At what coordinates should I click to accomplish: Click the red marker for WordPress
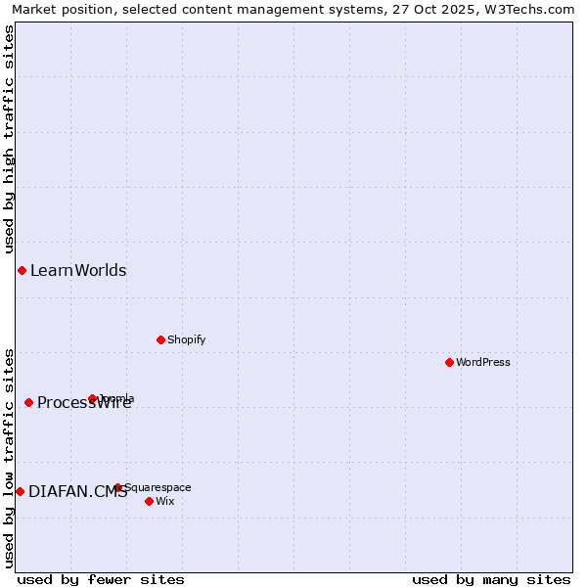tap(449, 362)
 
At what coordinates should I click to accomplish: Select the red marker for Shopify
tap(160, 339)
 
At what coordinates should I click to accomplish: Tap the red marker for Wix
tap(149, 501)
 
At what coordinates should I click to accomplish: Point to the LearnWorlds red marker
tap(22, 270)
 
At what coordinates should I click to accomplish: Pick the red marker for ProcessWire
tap(28, 402)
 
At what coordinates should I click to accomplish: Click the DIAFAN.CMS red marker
tap(20, 491)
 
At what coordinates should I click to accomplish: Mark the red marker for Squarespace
tap(117, 487)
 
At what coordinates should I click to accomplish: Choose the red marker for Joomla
tap(93, 398)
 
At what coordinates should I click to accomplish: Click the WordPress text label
tap(483, 362)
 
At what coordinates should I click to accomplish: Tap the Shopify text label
tap(186, 339)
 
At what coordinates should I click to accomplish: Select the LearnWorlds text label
tap(78, 270)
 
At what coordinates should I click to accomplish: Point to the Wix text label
tap(164, 501)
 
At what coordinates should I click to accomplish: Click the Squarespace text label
tap(158, 487)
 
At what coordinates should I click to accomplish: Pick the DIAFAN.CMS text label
tap(77, 491)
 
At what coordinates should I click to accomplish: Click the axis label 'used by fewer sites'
tap(101, 579)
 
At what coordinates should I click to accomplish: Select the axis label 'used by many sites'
tap(491, 579)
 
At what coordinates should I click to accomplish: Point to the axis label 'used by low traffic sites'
tap(9, 458)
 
